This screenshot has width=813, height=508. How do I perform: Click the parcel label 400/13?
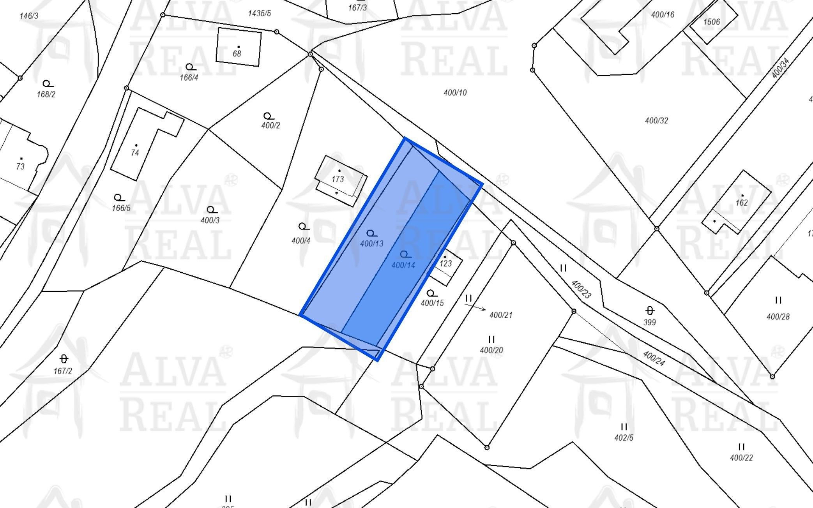click(372, 243)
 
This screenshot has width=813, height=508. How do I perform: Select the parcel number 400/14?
click(403, 265)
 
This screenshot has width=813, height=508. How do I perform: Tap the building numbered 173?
click(338, 179)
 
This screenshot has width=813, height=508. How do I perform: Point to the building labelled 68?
click(237, 54)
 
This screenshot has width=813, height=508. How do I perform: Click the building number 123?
click(445, 264)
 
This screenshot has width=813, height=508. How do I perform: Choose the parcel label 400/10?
click(455, 93)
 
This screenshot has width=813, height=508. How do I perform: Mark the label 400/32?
click(656, 121)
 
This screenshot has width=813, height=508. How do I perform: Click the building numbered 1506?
click(711, 22)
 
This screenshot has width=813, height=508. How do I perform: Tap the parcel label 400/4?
click(301, 241)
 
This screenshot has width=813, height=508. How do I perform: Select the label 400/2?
click(270, 125)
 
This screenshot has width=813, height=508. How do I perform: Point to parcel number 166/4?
click(189, 78)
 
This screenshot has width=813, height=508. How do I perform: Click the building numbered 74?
click(135, 153)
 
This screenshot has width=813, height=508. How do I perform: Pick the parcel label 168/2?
click(46, 94)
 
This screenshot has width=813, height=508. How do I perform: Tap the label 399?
click(650, 323)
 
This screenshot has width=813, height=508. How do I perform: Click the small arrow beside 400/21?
click(475, 307)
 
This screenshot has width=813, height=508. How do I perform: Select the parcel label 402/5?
click(624, 438)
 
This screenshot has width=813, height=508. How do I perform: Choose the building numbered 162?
click(742, 203)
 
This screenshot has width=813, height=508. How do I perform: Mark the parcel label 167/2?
click(63, 371)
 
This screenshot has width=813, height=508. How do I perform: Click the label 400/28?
click(778, 317)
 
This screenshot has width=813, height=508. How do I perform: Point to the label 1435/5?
click(260, 13)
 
